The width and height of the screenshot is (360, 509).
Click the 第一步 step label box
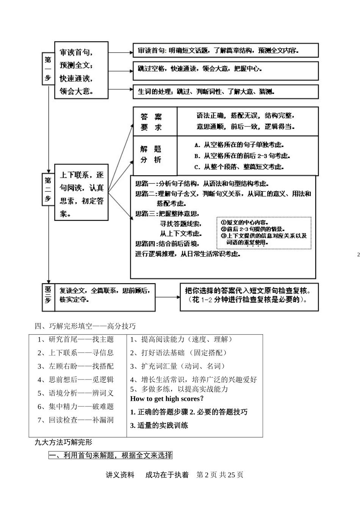click(48, 69)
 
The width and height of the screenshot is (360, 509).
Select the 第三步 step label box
click(48, 295)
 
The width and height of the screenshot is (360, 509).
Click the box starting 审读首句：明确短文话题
click(225, 50)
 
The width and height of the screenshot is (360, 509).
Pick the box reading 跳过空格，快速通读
click(225, 70)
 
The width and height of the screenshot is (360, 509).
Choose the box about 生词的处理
click(225, 92)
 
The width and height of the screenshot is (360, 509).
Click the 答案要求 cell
click(155, 122)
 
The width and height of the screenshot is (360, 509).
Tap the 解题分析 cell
click(155, 155)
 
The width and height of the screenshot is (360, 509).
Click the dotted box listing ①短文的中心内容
click(264, 233)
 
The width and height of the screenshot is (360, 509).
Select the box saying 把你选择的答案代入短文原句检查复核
click(249, 297)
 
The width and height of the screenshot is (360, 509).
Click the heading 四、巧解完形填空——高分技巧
click(85, 326)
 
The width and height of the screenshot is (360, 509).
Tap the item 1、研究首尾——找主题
click(76, 339)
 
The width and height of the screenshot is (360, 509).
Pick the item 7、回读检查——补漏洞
click(76, 420)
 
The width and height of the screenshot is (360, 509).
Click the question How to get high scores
click(167, 398)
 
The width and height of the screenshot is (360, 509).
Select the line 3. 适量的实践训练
click(159, 425)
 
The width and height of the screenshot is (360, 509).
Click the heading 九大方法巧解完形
click(63, 442)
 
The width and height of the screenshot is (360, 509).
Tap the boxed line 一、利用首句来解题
click(111, 455)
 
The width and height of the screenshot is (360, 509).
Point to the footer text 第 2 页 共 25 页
click(220, 475)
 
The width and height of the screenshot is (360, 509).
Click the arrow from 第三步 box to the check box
click(167, 297)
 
